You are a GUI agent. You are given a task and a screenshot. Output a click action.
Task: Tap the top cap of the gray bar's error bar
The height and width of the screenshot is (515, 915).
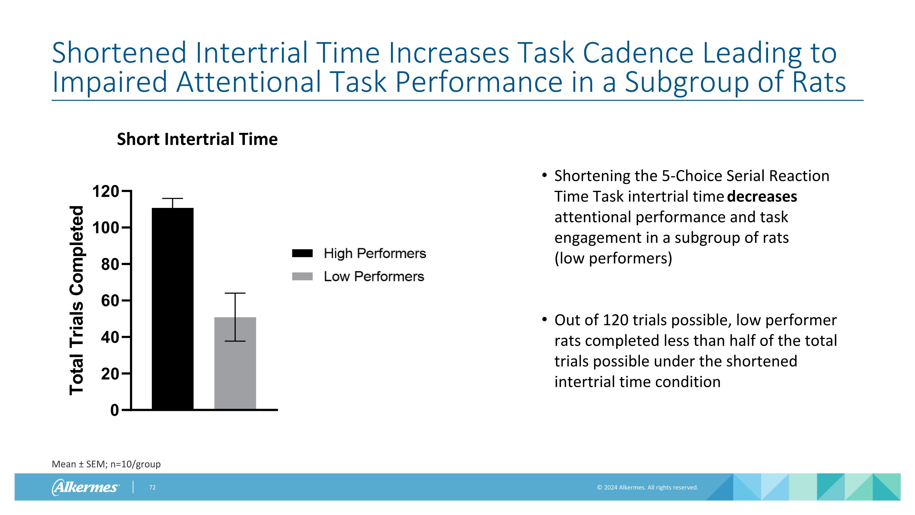[235, 293]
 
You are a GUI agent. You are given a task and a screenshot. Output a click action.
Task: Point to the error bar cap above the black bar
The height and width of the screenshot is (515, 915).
[173, 198]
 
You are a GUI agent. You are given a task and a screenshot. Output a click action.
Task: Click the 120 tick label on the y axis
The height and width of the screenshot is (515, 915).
[106, 192]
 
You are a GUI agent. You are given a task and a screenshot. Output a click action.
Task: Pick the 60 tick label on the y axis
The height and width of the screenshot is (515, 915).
[110, 301]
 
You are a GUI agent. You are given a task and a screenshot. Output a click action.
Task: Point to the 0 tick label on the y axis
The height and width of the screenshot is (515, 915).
[114, 411]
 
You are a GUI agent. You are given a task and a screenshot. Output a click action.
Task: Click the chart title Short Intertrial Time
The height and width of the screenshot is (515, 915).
[197, 139]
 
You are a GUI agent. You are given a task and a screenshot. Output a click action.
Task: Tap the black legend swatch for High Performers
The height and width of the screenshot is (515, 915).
[302, 253]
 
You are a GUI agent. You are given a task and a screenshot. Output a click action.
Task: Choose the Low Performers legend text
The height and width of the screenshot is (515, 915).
[374, 277]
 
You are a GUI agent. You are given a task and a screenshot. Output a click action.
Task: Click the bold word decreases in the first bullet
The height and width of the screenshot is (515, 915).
[762, 197]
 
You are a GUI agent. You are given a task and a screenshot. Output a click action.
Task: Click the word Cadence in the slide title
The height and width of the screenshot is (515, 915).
[638, 53]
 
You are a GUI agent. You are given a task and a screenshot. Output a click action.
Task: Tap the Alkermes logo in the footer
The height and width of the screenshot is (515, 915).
[85, 487]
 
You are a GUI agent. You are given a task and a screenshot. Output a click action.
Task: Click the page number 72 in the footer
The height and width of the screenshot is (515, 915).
[152, 488]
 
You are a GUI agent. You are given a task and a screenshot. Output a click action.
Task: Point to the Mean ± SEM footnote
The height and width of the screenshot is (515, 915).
[106, 464]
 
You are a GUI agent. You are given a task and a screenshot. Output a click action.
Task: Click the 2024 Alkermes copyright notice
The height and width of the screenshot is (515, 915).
[648, 488]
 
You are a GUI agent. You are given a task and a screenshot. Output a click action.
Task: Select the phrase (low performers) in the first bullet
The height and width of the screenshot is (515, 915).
[613, 258]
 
